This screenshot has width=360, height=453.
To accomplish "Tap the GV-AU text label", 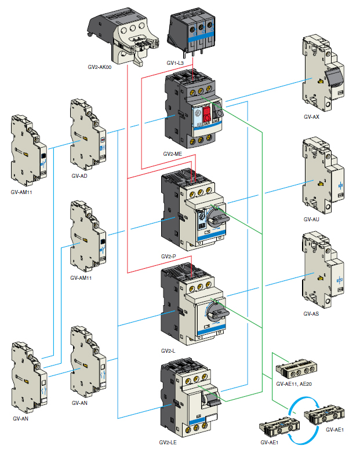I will coord(311,220).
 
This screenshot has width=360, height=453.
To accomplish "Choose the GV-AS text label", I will coord(311,314).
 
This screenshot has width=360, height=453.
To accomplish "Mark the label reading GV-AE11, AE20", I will coord(294,383).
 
